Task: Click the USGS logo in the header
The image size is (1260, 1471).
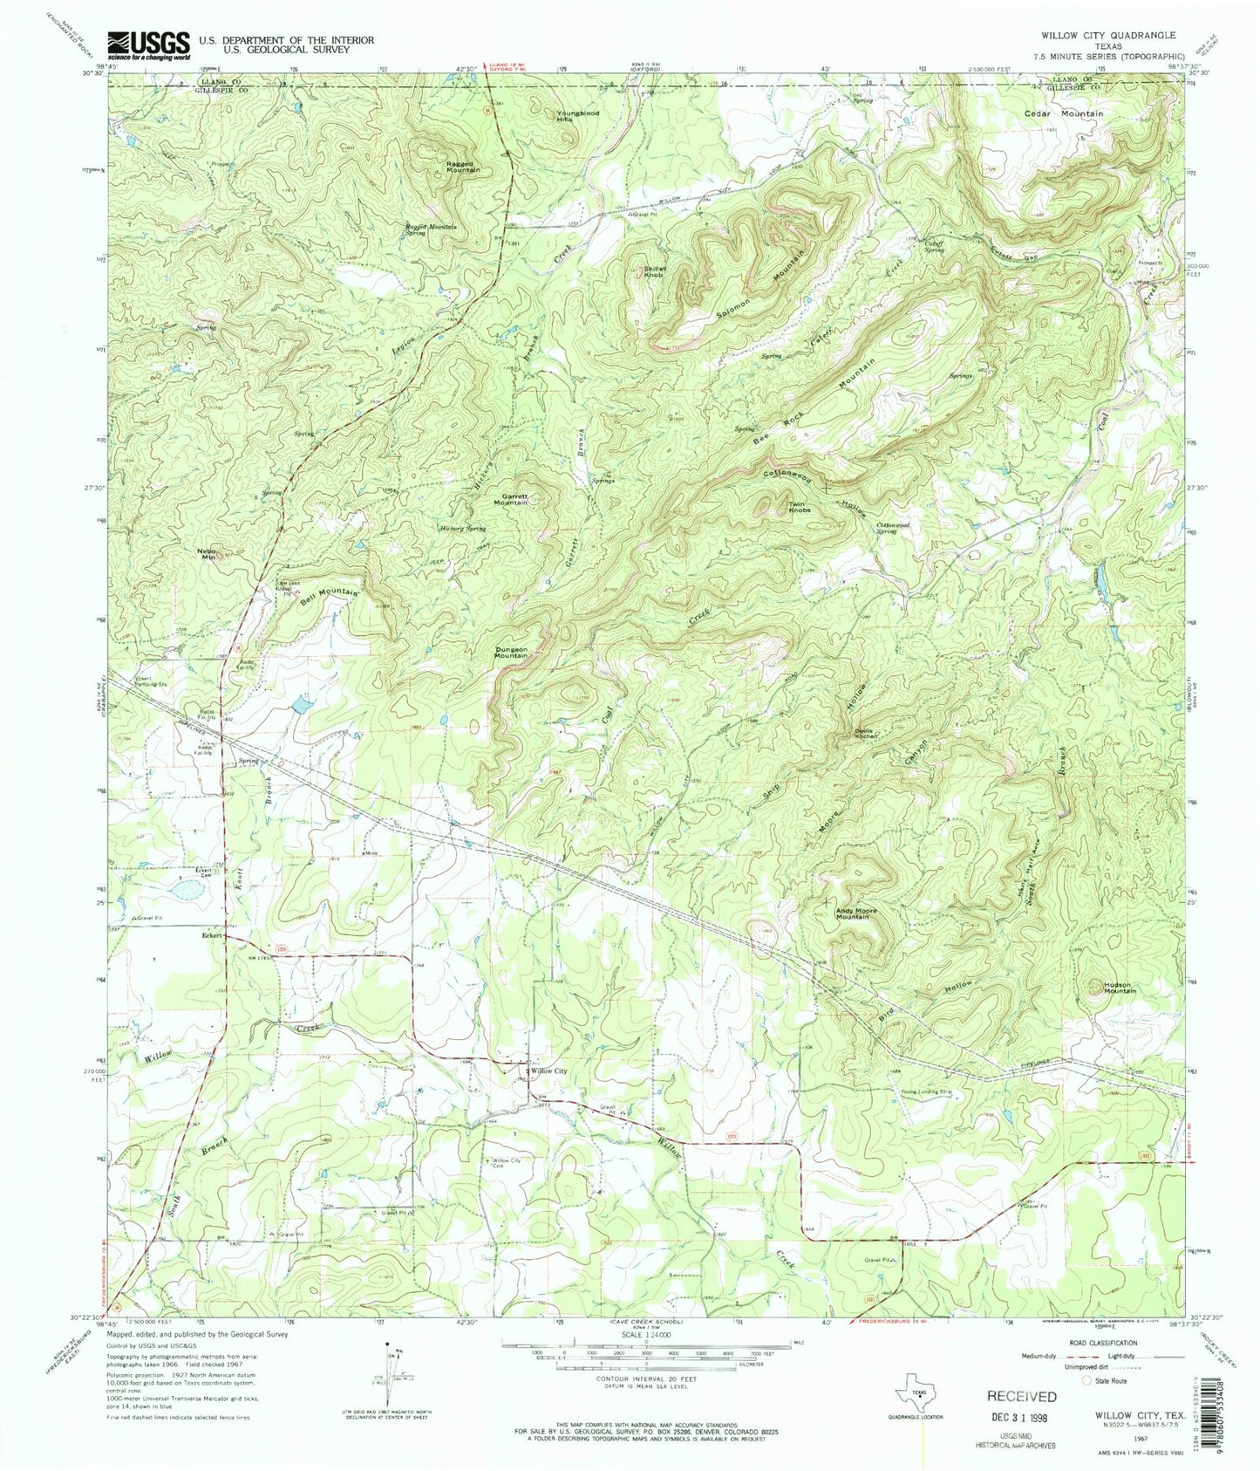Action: (x=147, y=44)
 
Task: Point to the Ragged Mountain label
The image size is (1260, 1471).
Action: (x=461, y=167)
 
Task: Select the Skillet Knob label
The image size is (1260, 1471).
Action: (x=654, y=272)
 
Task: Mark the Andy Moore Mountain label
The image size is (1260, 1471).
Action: (x=853, y=914)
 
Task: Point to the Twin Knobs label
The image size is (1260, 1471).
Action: (x=800, y=507)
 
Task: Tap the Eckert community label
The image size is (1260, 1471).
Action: (x=210, y=934)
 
